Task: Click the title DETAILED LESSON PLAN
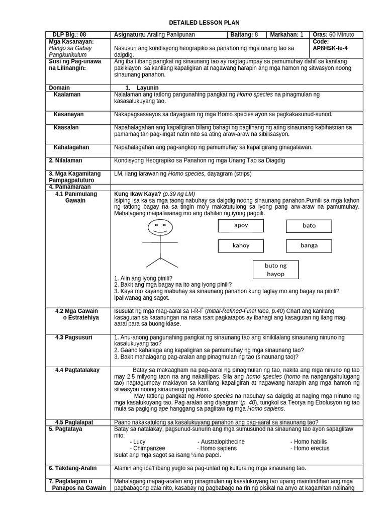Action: [x=204, y=23]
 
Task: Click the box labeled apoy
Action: [x=241, y=226]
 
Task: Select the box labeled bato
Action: [x=309, y=226]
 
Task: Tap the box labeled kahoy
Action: [x=241, y=246]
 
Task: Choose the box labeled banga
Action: [x=309, y=246]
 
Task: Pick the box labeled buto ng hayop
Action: [x=275, y=270]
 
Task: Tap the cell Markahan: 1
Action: [x=287, y=35]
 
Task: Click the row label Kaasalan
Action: [x=66, y=128]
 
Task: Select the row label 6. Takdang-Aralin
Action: [x=72, y=468]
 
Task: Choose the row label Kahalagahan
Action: [x=71, y=147]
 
